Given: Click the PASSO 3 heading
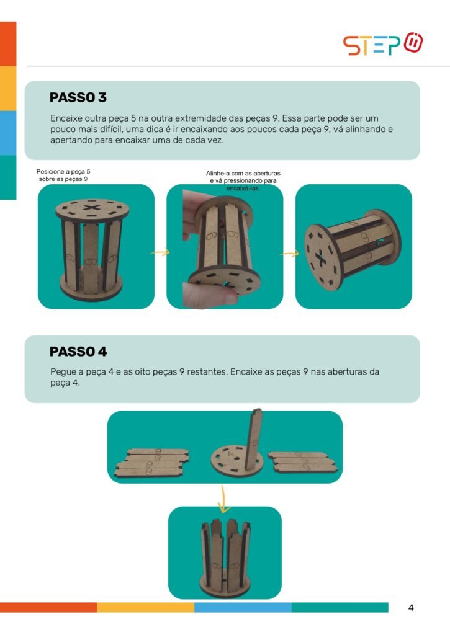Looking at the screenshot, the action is pos(78,97).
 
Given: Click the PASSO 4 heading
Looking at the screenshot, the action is pos(78,352).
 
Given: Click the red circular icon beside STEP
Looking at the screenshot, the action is pos(413,43).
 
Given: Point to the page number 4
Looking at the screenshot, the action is pos(411,608).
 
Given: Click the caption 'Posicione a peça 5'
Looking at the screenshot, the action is pos(63,172).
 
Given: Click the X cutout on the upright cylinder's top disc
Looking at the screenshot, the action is pos(92,208).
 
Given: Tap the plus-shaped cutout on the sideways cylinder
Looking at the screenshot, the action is pos(321,260).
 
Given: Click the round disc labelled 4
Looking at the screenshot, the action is pos(237,461).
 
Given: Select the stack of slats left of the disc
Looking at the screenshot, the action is pos(151,463).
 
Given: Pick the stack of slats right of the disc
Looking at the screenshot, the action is pos(302,462).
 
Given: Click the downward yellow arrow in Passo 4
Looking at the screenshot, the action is pos(223,499).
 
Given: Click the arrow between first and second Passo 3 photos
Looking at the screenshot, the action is pos(160,253).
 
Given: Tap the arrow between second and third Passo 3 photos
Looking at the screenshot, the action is pos(289,254).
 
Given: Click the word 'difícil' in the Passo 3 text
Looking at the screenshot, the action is pos(111,130).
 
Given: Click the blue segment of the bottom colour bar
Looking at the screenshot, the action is pos(243,607).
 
